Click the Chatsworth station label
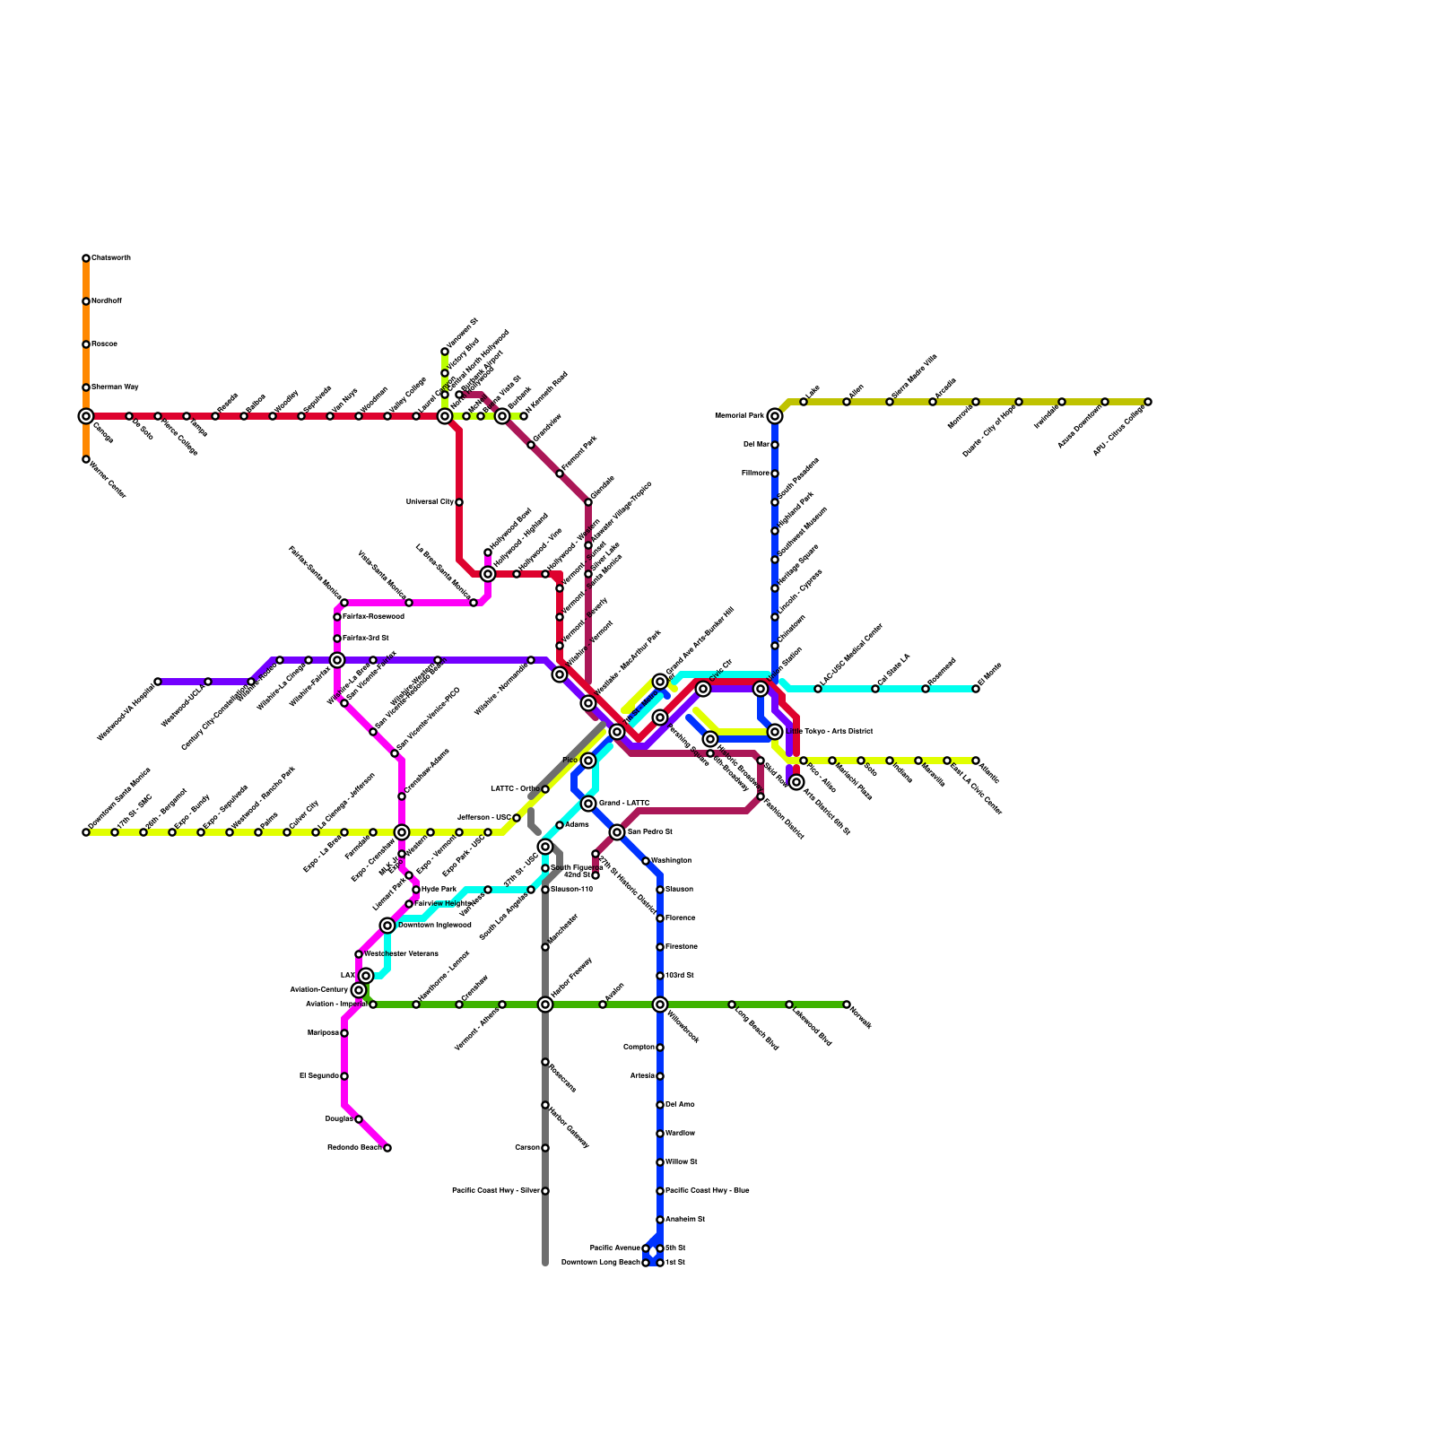[x=111, y=258]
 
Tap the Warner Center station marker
[x=86, y=459]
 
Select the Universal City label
[x=430, y=502]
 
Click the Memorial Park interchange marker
[x=775, y=416]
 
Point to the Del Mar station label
[x=756, y=445]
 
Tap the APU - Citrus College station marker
[x=1148, y=402]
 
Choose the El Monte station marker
[x=976, y=689]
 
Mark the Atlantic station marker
[x=976, y=761]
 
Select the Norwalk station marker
[x=847, y=1004]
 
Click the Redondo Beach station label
[x=354, y=1148]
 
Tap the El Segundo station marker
[x=344, y=1076]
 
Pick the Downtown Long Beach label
[x=601, y=1263]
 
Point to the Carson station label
[x=527, y=1148]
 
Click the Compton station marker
[x=660, y=1048]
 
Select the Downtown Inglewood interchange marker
[x=387, y=926]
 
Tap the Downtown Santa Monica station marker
[x=86, y=832]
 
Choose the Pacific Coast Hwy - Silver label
[x=495, y=1191]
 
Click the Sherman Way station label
[x=115, y=387]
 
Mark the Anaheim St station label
[x=685, y=1220]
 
